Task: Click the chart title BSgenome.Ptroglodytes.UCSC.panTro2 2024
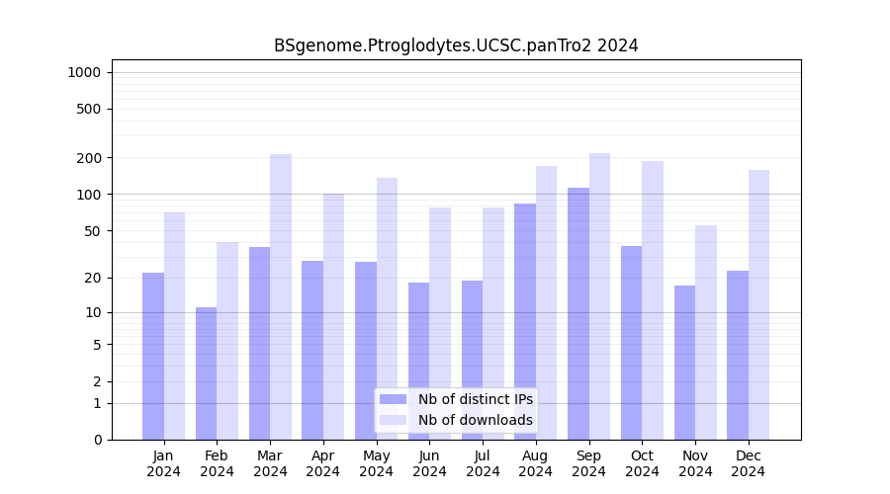coord(456,45)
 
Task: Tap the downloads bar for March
coord(281,296)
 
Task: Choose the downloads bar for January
coord(174,326)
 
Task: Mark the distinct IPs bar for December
coord(738,355)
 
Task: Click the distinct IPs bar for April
coord(312,350)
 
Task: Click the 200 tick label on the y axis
coord(90,158)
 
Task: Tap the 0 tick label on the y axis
coord(97,440)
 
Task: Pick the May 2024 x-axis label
coord(377,463)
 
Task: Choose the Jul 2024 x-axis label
coord(483,463)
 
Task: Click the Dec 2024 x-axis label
coord(749,463)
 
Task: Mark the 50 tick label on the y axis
coord(93,231)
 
